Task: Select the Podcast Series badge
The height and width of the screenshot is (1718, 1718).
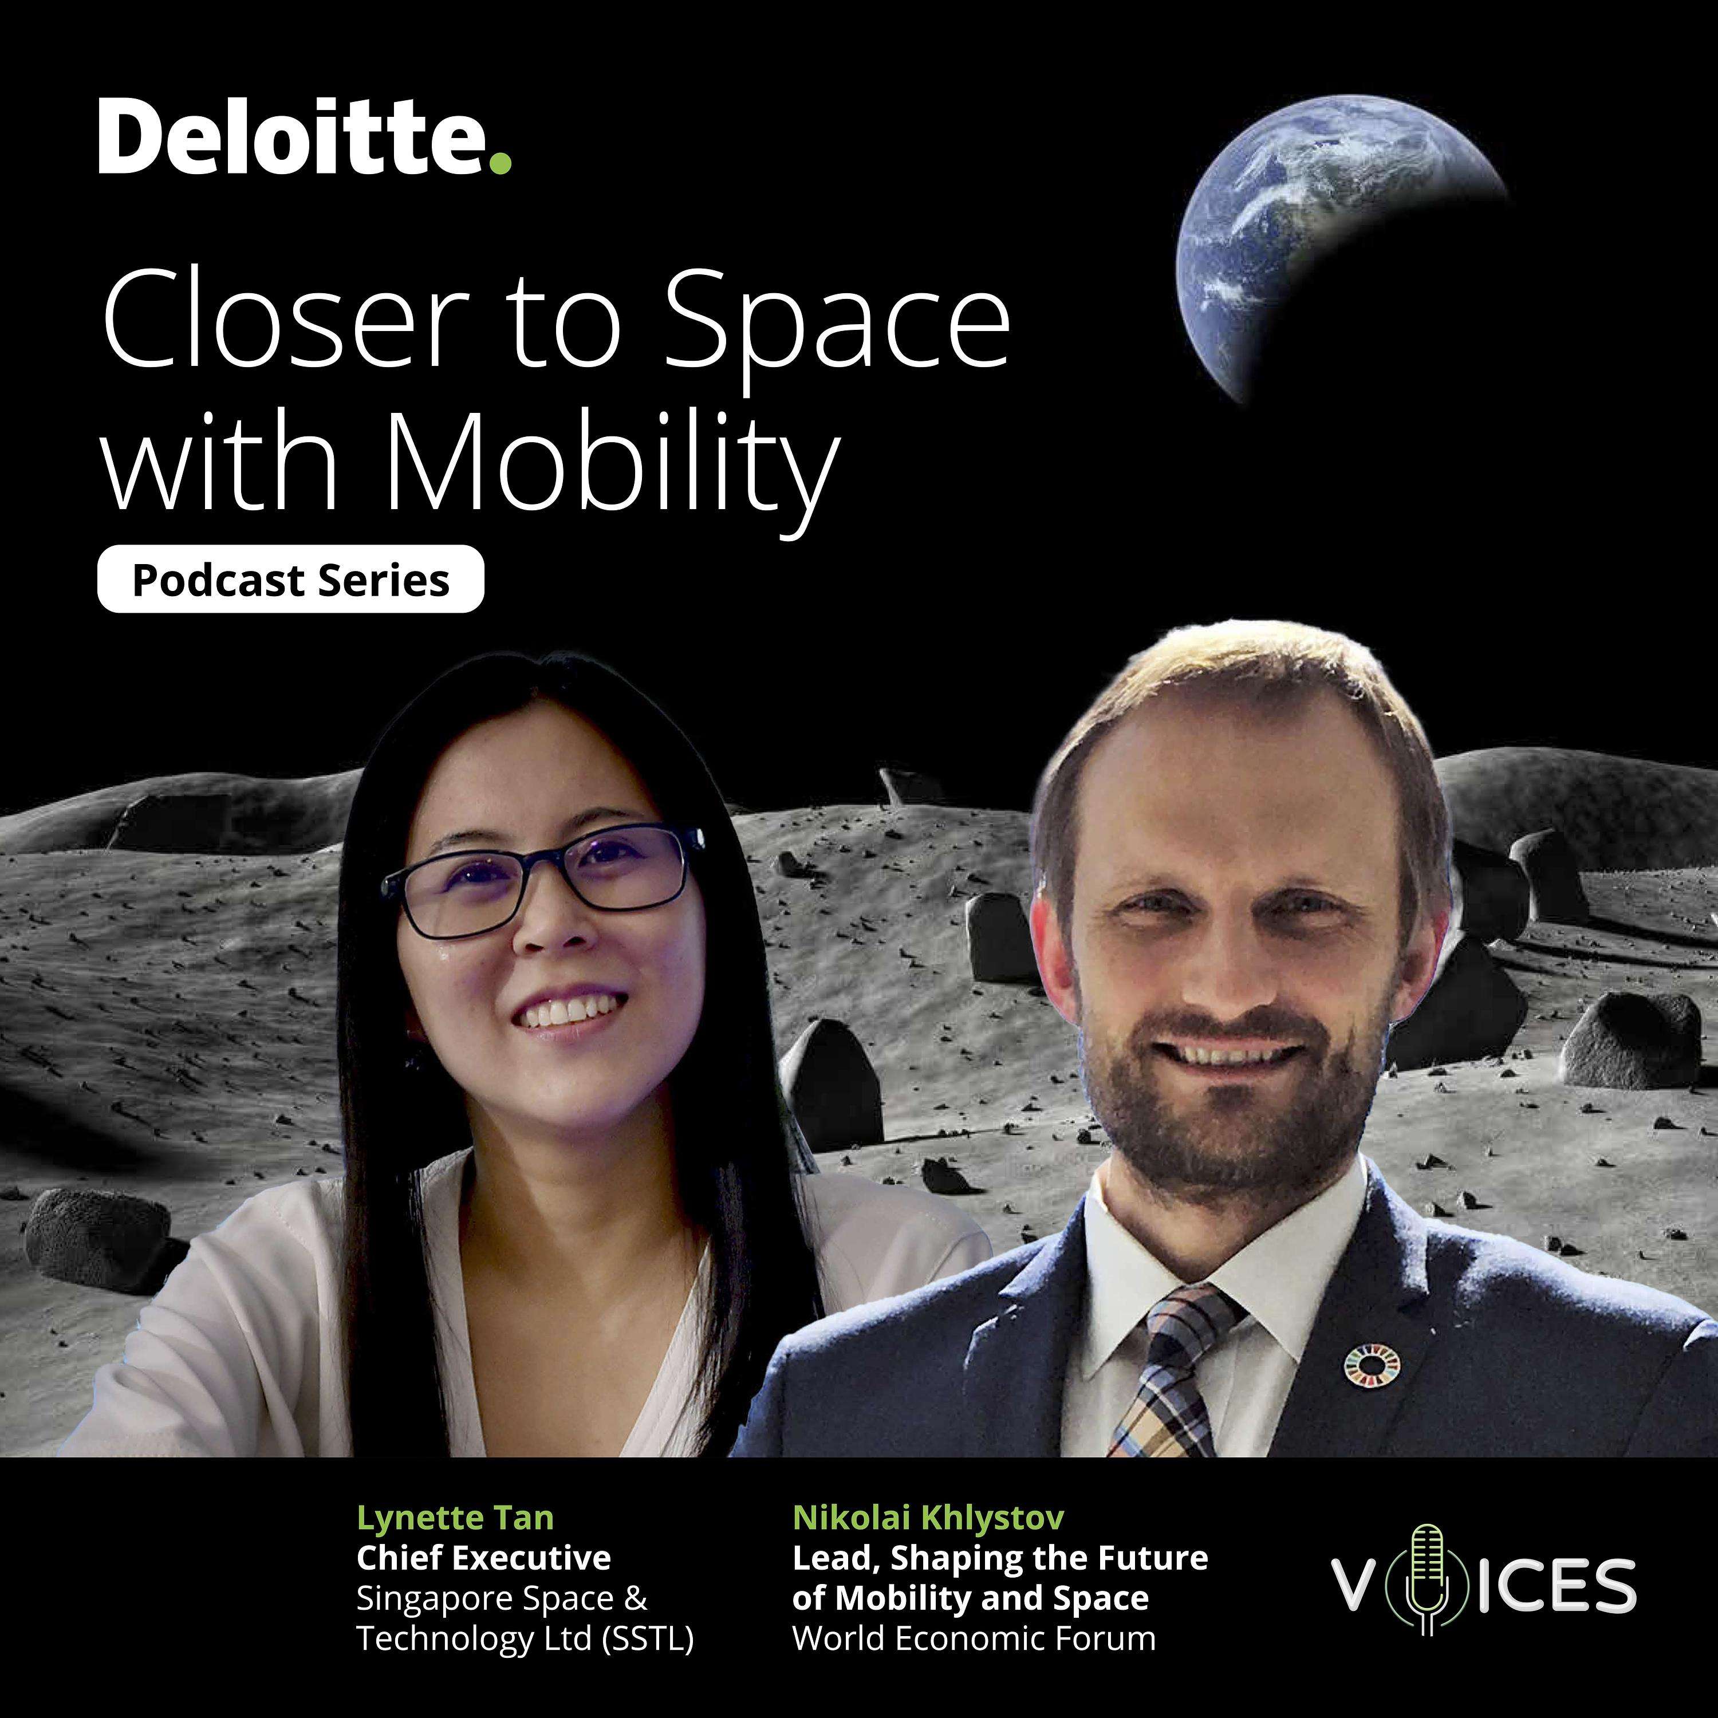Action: point(291,580)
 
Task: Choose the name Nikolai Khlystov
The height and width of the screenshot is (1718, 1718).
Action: point(928,1517)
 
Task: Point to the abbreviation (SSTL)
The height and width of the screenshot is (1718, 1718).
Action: point(647,1639)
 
